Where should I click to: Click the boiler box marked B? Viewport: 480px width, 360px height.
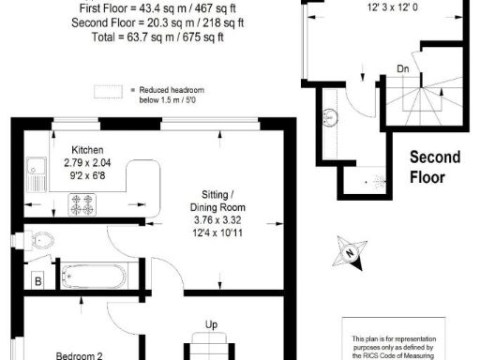coord(37,280)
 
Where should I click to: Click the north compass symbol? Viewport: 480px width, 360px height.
coord(349,251)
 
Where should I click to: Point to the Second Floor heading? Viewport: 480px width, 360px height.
coord(439,167)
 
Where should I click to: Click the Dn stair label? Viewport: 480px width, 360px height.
coord(402,68)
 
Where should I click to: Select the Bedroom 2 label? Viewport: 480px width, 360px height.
coord(79,355)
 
